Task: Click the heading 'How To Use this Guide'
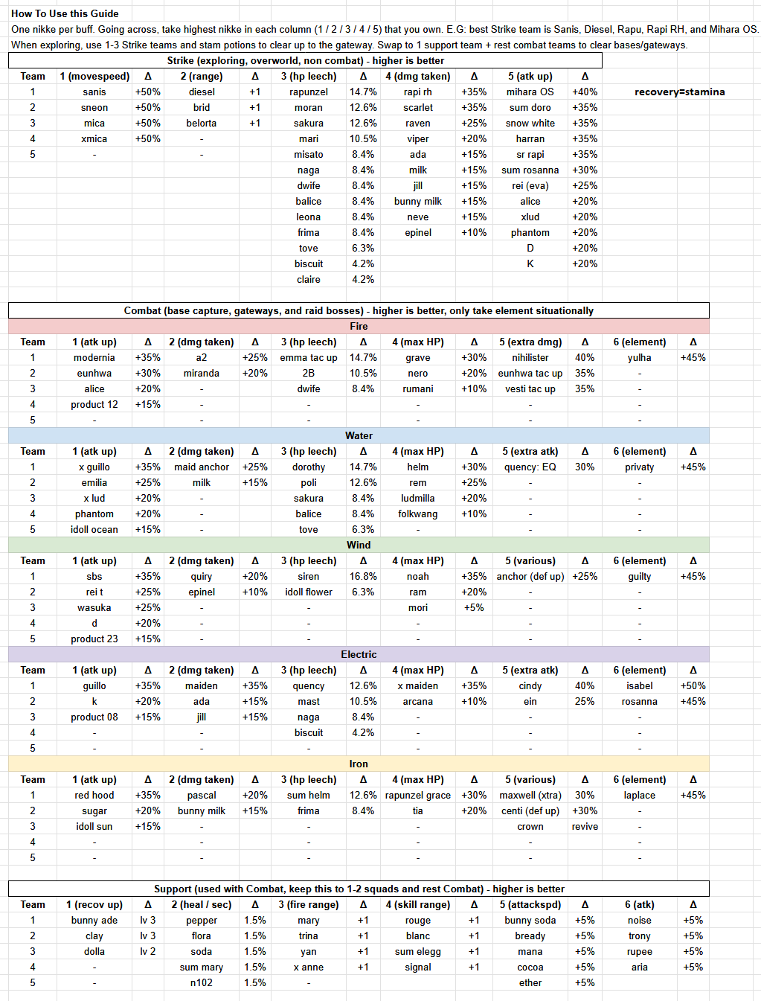pos(65,13)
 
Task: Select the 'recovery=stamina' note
pos(679,92)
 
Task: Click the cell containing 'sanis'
pos(94,92)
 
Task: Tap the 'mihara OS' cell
pos(530,92)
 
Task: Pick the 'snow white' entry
pos(530,123)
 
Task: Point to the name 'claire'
pos(309,279)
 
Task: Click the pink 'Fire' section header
pos(359,326)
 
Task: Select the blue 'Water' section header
pos(359,435)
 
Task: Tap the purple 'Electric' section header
pos(359,654)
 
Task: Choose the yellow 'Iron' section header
pos(359,764)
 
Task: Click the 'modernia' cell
pos(94,357)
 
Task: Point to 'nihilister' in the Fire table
pos(530,357)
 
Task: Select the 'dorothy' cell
pos(309,467)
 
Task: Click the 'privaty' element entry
pos(639,467)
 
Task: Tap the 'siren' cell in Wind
pos(309,576)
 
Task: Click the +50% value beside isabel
pos(693,685)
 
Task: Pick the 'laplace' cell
pos(639,795)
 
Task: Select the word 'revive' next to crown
pos(585,826)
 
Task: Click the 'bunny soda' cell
pos(530,920)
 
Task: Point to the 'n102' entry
pos(202,982)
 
